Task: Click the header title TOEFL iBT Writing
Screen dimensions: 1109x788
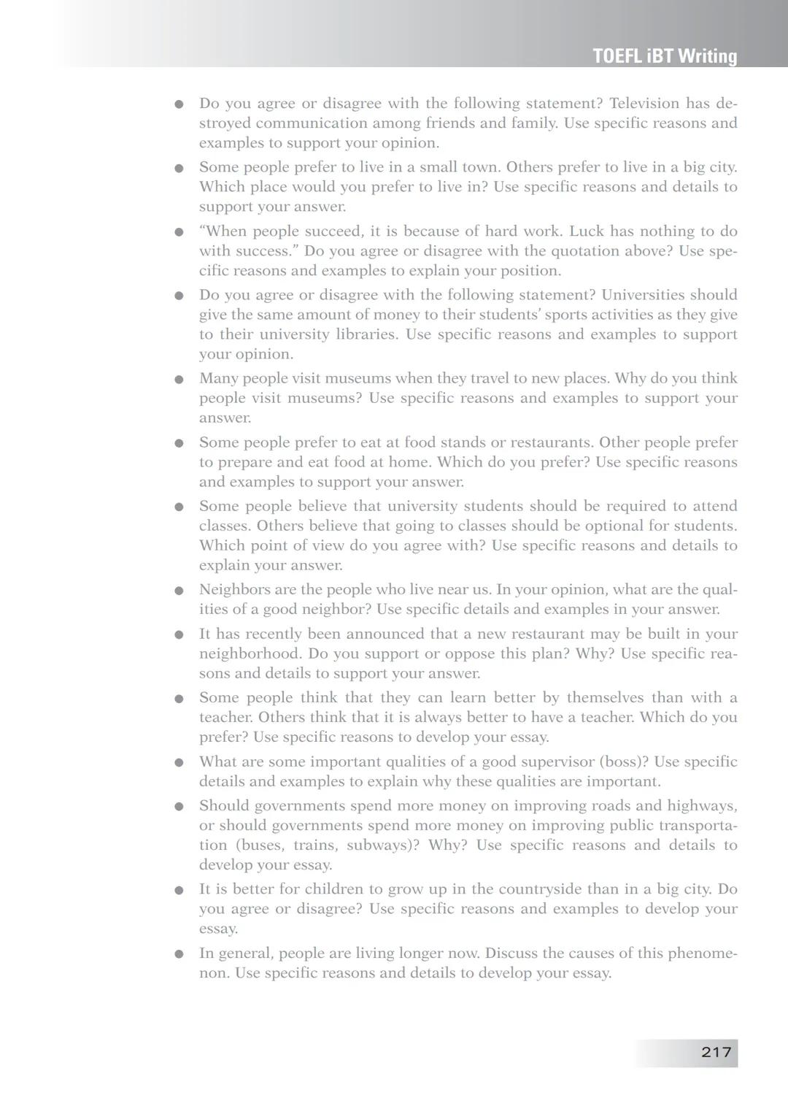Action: pos(665,56)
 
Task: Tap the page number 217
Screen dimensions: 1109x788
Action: pos(716,1052)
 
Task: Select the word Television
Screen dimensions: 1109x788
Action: pos(644,104)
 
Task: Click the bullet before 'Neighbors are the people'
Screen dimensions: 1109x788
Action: pos(179,591)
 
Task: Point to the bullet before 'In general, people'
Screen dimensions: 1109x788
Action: pos(179,954)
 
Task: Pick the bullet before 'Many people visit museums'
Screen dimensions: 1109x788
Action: pos(179,380)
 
